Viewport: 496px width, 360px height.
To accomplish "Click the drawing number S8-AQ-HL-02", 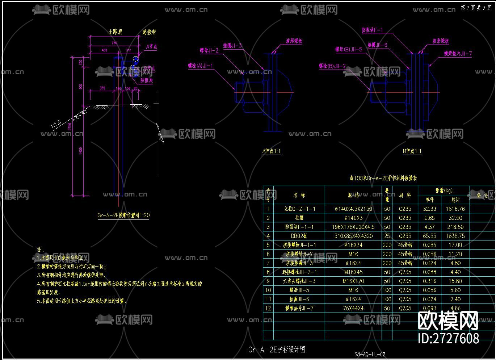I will [370, 355].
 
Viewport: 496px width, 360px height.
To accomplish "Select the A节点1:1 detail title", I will [272, 151].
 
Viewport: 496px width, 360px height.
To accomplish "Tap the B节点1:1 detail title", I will [412, 151].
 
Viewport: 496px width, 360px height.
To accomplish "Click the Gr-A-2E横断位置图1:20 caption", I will [123, 215].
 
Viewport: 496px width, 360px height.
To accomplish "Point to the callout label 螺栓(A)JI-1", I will [201, 66].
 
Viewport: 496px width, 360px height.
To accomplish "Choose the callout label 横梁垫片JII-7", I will [458, 54].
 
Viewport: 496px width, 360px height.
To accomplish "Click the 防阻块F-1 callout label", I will [372, 30].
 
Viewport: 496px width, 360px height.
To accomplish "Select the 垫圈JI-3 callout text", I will [232, 46].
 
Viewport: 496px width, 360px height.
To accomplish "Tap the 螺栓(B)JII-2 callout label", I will [332, 66].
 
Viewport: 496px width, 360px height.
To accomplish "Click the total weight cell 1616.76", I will [455, 209].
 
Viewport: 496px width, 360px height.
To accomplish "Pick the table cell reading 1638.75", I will [455, 236].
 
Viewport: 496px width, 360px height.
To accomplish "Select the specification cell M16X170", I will [353, 281].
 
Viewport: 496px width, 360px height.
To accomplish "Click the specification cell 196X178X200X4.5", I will [353, 227].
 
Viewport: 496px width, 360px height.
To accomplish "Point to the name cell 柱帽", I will [299, 218].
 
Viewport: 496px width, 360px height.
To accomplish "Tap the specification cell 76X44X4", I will [353, 308].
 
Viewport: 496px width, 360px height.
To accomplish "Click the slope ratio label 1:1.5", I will [56, 125].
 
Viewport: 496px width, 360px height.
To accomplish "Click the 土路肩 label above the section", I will [115, 32].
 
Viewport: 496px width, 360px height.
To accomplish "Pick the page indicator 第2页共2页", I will [476, 8].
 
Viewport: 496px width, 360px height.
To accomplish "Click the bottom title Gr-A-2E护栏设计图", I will [277, 349].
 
